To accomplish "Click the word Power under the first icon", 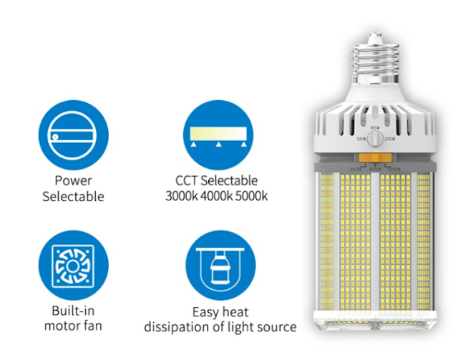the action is click(73, 180).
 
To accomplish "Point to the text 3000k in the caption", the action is click(179, 195).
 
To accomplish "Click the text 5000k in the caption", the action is click(252, 195).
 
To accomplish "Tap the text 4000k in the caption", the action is click(215, 195).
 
